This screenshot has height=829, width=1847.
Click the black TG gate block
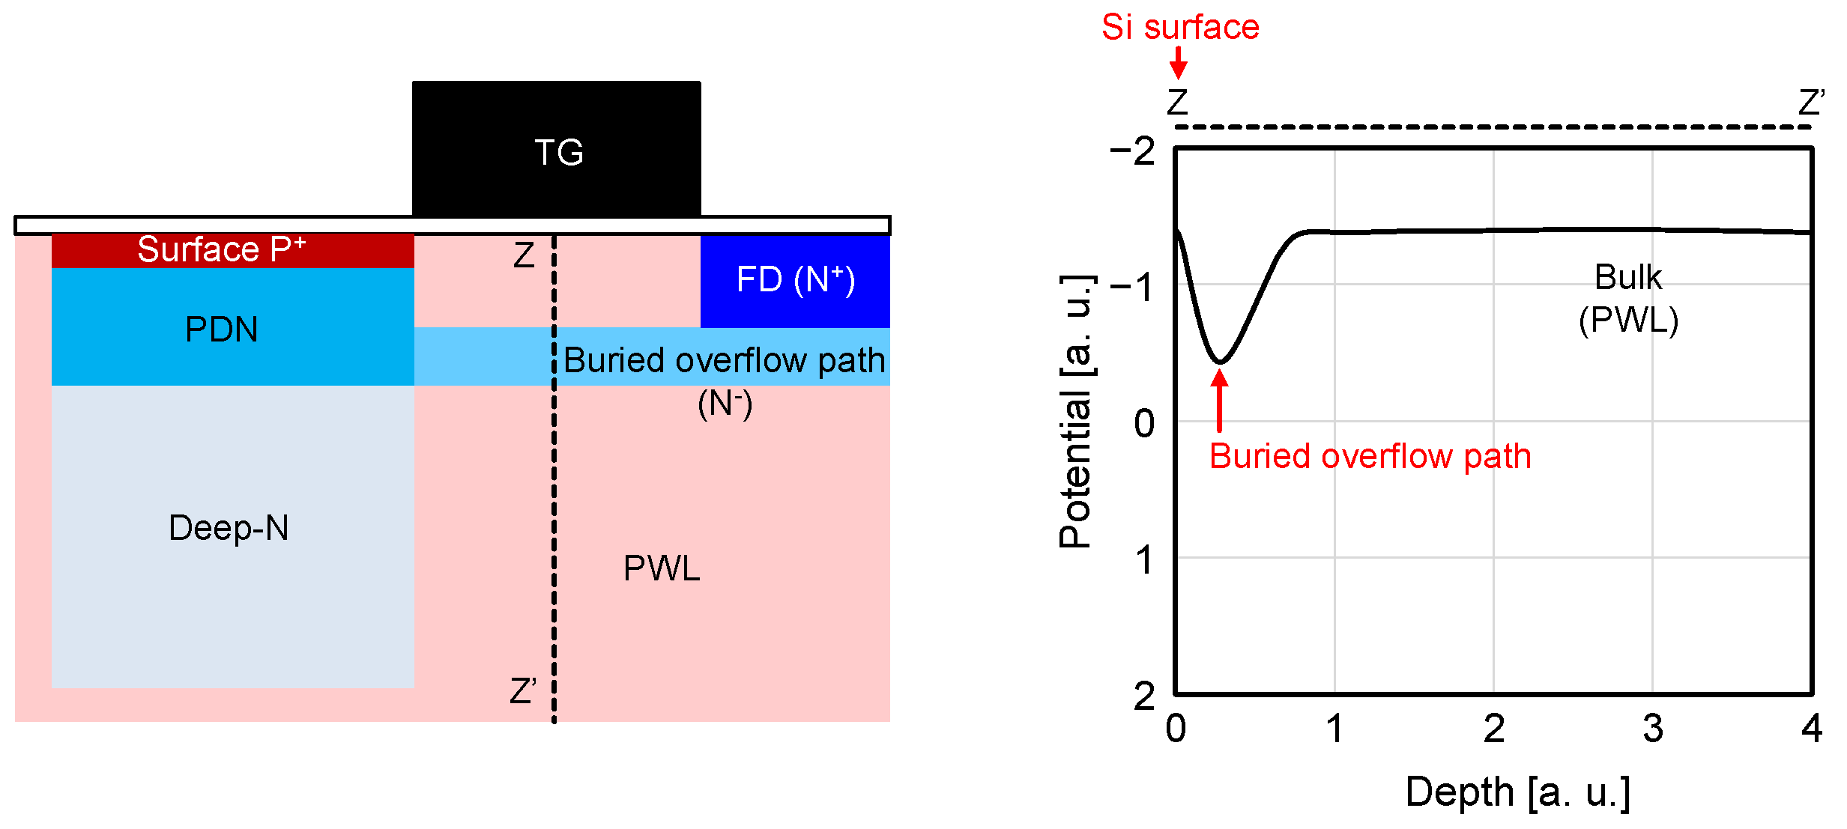pos(557,150)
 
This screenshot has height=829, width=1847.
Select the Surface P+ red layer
pos(232,250)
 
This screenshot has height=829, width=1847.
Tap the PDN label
pos(222,330)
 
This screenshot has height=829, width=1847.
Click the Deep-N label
pos(229,528)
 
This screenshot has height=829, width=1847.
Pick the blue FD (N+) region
pos(795,280)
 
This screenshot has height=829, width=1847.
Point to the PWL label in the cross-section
pos(662,568)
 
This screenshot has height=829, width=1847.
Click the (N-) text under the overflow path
pos(725,404)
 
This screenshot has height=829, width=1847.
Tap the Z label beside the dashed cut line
pos(524,255)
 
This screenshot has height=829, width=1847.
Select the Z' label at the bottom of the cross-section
pos(522,690)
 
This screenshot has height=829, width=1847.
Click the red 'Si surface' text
pos(1180,27)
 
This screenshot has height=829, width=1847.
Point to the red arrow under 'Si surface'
pos(1179,62)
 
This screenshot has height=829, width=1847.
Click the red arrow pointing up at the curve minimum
pos(1220,401)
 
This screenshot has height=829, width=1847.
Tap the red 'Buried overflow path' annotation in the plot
pos(1370,456)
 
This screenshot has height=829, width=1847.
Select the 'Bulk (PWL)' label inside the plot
pos(1628,298)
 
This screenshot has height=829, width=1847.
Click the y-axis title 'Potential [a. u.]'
pos(1075,412)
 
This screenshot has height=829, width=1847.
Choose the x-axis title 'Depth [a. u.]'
pos(1517,792)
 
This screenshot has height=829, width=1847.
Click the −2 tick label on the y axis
pos(1132,151)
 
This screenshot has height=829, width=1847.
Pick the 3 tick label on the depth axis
pos(1653,729)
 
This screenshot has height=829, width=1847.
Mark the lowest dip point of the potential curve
pos(1220,362)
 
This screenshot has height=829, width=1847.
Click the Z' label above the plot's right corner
pos(1812,102)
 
